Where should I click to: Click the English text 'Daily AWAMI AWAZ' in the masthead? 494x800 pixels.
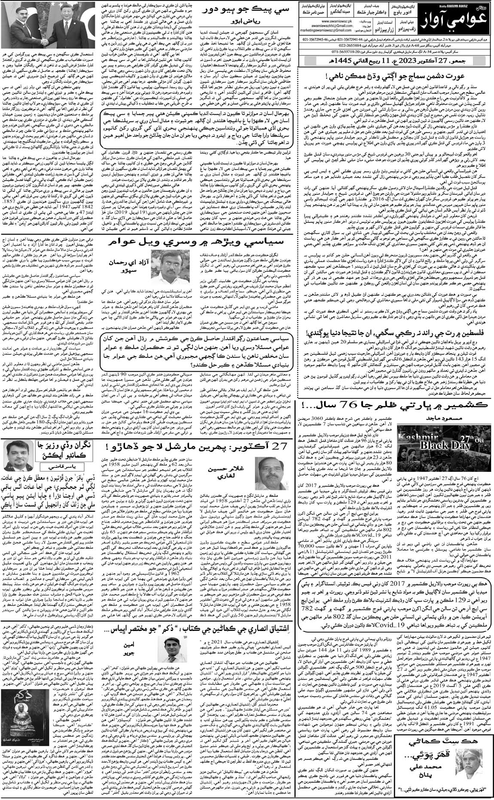click(x=454, y=6)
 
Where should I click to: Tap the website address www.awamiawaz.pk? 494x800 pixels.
click(x=337, y=22)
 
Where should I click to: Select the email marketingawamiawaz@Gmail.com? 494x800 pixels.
click(x=326, y=31)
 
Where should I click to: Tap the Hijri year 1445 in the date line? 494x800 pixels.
click(x=343, y=61)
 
